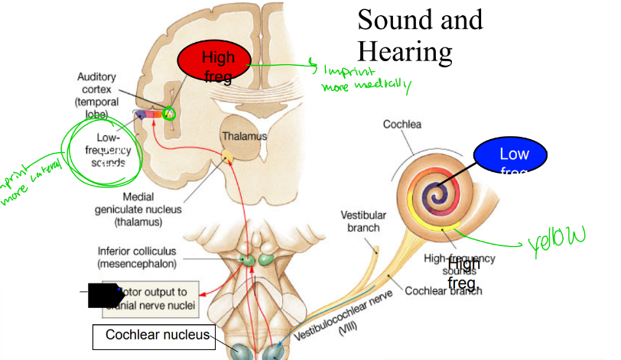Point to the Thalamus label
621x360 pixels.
click(245, 136)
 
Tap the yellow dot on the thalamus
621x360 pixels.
click(227, 159)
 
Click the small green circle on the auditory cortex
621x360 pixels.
click(168, 115)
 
